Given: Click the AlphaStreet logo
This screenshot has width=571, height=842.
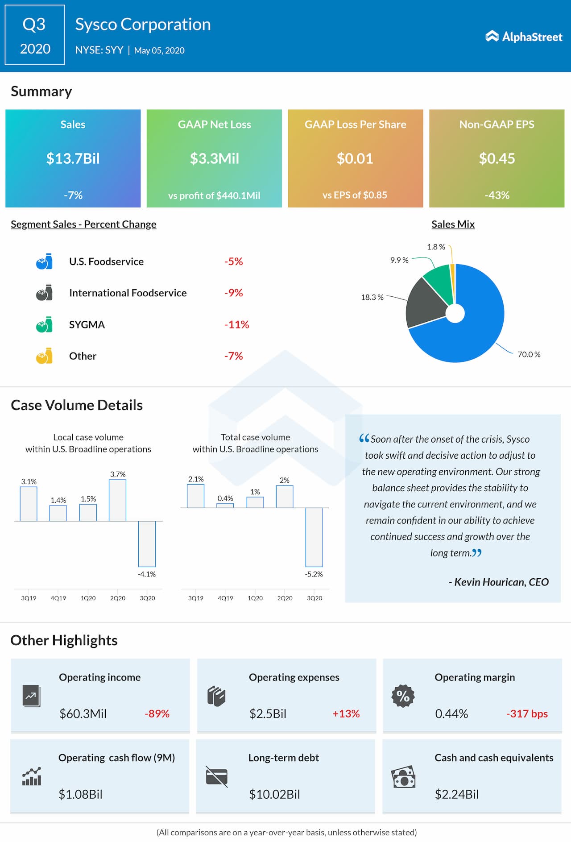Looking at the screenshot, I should [x=524, y=37].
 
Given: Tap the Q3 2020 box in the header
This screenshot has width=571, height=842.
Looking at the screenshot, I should [x=35, y=35].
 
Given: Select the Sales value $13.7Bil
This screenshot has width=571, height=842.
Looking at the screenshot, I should [x=73, y=158].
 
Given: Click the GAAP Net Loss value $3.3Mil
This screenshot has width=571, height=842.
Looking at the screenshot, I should [x=214, y=158].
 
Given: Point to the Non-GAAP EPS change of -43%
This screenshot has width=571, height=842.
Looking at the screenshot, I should [x=497, y=195].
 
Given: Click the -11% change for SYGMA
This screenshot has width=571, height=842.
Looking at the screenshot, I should [x=236, y=324].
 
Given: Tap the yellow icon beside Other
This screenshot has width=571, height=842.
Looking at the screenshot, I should [x=44, y=356].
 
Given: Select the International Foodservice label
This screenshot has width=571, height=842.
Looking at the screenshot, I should [x=128, y=293].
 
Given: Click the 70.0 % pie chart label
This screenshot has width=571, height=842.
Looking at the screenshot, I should [x=529, y=354].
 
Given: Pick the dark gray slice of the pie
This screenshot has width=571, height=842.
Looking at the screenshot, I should [x=426, y=303].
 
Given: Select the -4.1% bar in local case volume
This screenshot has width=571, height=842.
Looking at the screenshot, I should [x=147, y=543].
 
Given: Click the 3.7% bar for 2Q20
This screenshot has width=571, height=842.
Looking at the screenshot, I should [x=118, y=500].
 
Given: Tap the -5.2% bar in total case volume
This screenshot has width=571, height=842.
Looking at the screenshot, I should [x=314, y=537].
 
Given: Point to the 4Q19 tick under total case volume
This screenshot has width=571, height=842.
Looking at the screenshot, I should [x=225, y=598].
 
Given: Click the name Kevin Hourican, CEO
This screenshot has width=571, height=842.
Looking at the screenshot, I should [x=498, y=582].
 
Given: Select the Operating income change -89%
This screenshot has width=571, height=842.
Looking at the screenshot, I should [x=157, y=713].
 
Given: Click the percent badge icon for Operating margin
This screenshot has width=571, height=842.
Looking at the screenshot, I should [x=403, y=696].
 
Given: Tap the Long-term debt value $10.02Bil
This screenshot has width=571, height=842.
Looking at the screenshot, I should [x=274, y=794].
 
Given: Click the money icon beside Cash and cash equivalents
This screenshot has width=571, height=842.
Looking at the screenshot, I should [x=403, y=777].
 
